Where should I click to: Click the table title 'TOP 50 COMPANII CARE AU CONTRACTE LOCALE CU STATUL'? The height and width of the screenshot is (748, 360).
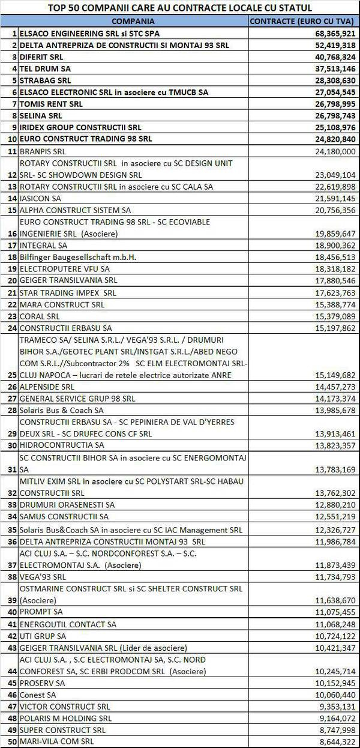coord(180,8)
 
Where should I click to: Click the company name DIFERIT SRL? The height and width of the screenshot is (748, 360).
coord(41,57)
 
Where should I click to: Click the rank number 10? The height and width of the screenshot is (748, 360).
coord(11,139)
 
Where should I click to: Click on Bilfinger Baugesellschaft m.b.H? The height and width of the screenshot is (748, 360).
coord(78,257)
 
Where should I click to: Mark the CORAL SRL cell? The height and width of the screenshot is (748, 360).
coord(40,316)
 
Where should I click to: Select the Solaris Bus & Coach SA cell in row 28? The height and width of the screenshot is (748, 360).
coord(61,410)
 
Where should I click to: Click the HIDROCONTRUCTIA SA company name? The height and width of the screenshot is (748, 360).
coord(62,445)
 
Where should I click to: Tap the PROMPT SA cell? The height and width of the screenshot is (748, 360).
coord(41,612)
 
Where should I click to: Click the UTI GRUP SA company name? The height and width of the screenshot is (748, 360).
coord(43,636)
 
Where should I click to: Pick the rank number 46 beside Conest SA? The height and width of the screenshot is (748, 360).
coord(11,695)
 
